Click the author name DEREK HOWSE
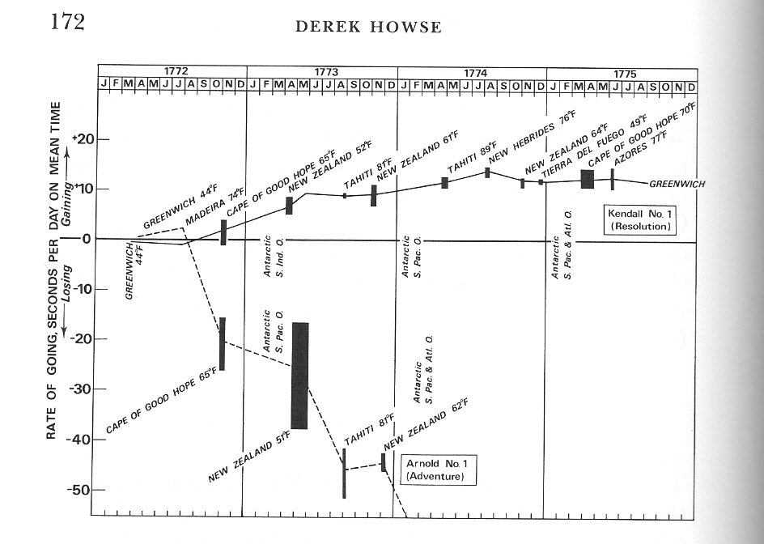pyautogui.click(x=368, y=28)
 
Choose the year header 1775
pyautogui.click(x=624, y=73)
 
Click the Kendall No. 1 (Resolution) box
pyautogui.click(x=639, y=220)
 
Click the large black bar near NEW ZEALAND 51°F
pyautogui.click(x=299, y=375)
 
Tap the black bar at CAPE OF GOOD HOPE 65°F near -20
pyautogui.click(x=222, y=343)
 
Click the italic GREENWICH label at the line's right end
pyautogui.click(x=677, y=185)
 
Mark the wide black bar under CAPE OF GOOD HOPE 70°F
pyautogui.click(x=588, y=179)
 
